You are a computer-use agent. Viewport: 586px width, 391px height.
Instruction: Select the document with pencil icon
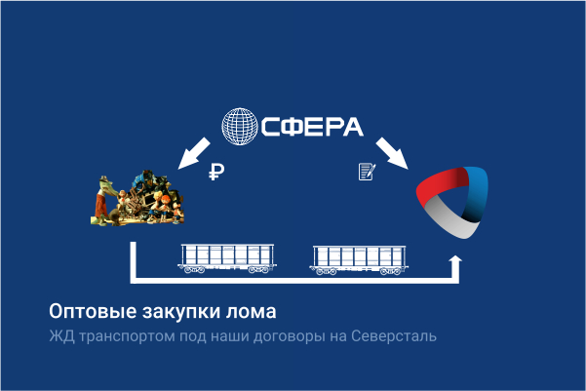click(367, 173)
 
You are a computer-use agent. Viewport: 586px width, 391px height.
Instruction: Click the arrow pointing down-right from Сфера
click(392, 153)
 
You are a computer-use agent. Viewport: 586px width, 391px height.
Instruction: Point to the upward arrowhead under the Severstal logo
click(454, 262)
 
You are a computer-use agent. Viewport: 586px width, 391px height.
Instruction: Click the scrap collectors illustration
click(136, 199)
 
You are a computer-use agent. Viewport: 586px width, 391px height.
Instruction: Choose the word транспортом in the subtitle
click(123, 337)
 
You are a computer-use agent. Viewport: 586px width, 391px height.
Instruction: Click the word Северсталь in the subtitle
click(394, 337)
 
